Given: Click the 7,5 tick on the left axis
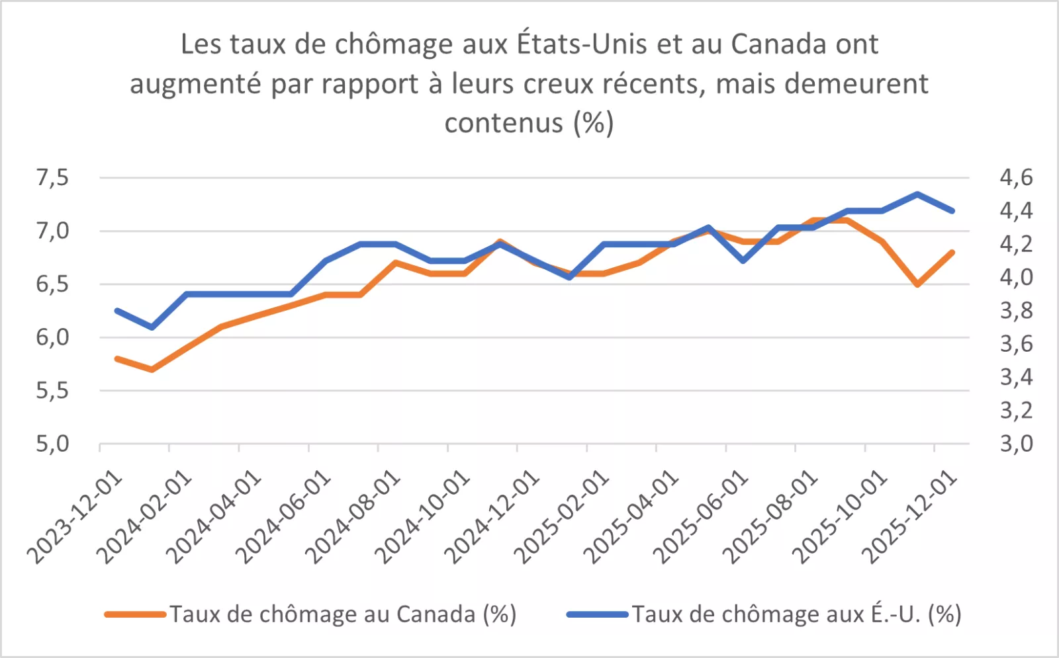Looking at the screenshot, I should (52, 177).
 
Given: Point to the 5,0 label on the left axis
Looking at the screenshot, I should (52, 443).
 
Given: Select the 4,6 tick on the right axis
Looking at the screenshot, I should (1015, 177).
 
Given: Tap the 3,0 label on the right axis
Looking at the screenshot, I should (1015, 443).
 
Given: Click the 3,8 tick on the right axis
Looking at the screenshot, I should (1015, 310).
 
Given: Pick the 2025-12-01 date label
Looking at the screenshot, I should (911, 517).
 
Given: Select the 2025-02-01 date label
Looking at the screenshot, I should (562, 517).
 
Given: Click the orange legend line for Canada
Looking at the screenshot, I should (135, 614).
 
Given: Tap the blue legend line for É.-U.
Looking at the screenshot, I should (597, 614).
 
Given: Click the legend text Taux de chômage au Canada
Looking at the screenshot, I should (342, 614).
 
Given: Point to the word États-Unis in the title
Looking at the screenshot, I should (582, 44).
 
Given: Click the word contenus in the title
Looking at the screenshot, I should (504, 123).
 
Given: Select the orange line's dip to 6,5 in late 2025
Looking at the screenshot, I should (917, 284).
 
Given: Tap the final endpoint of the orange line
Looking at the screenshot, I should (952, 252).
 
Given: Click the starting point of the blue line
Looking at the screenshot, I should (117, 310).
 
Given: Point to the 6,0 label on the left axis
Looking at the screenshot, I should (52, 337).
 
